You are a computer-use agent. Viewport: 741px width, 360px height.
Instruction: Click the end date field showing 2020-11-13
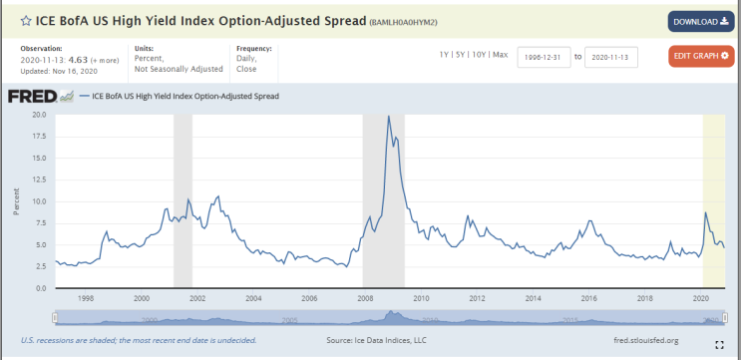(x=611, y=57)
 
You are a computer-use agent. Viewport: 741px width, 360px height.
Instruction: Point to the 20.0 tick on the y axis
(x=39, y=115)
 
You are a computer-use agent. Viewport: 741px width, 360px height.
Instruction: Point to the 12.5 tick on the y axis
(x=39, y=180)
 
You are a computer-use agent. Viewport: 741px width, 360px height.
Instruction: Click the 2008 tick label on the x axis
(x=365, y=297)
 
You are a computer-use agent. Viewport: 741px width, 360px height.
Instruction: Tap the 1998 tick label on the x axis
(x=86, y=297)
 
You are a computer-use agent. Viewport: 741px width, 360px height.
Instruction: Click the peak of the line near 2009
(x=389, y=117)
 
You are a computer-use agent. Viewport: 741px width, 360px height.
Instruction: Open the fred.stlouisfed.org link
(x=644, y=340)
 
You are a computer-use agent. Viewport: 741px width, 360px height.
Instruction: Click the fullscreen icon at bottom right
(x=719, y=344)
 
